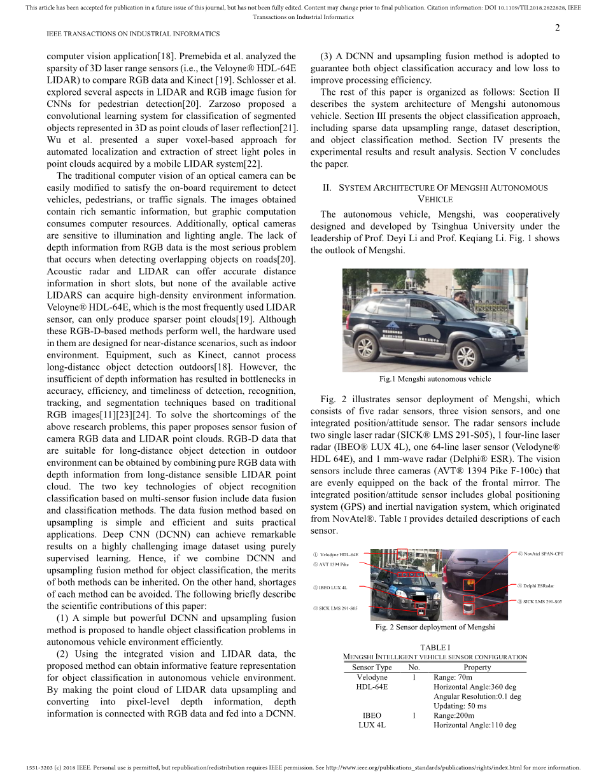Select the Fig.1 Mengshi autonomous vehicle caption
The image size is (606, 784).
pyautogui.click(x=435, y=379)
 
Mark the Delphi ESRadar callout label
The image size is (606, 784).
pyautogui.click(x=538, y=586)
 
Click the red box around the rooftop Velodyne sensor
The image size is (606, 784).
pyautogui.click(x=402, y=554)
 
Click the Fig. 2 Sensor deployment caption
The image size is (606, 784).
pyautogui.click(x=435, y=627)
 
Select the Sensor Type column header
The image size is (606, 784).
pyautogui.click(x=372, y=668)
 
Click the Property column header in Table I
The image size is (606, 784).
pyautogui.click(x=477, y=668)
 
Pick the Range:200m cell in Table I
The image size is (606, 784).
pyautogui.click(x=454, y=715)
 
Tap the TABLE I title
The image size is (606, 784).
pyautogui.click(x=435, y=648)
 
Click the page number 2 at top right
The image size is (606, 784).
pyautogui.click(x=557, y=27)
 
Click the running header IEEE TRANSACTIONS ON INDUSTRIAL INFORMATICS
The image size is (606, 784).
pyautogui.click(x=133, y=34)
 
